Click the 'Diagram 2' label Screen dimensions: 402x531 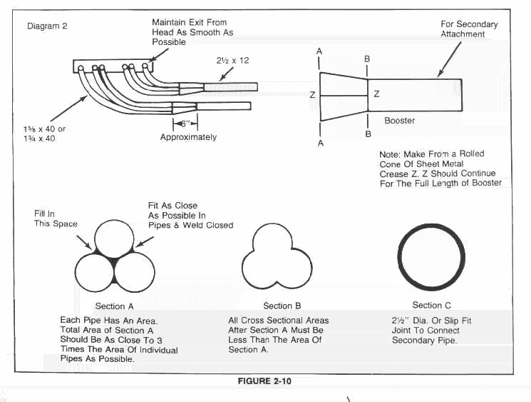pos(48,26)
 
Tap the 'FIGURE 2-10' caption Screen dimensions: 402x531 pos(264,381)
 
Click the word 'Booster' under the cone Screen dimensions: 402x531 pos(399,121)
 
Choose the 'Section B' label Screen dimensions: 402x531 pos(277,306)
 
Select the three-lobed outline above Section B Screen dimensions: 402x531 pos(277,257)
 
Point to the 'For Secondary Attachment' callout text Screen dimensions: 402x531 pos(469,29)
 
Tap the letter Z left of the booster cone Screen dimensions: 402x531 pos(312,94)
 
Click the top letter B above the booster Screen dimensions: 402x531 pos(367,59)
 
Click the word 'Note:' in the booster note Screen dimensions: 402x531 pos(391,154)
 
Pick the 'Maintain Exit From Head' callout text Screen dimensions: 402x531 pos(192,32)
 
